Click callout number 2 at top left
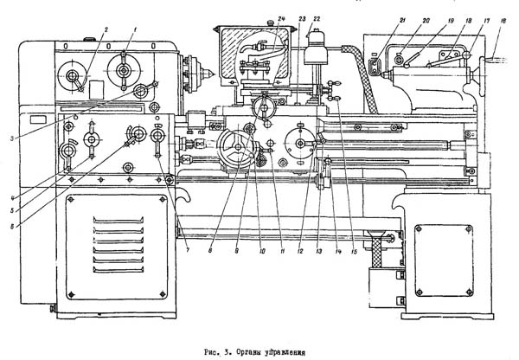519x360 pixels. tap(105, 29)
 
